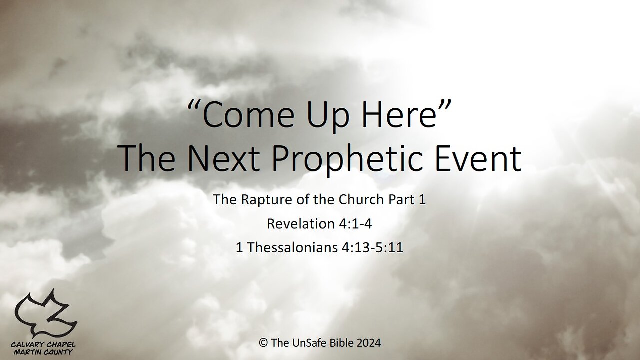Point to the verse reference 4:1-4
click(x=354, y=224)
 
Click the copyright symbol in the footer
click(x=262, y=343)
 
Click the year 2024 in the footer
click(x=370, y=343)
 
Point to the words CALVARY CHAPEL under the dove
click(x=45, y=345)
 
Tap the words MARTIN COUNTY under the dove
click(x=45, y=352)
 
